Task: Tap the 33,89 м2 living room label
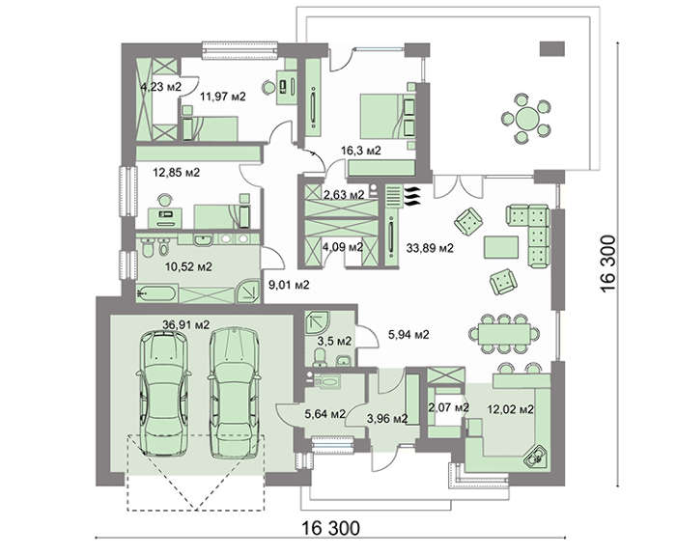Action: pyautogui.click(x=430, y=248)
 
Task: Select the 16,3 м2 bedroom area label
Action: pyautogui.click(x=361, y=151)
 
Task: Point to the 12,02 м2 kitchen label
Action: pyautogui.click(x=511, y=409)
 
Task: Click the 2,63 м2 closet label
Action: pyautogui.click(x=344, y=195)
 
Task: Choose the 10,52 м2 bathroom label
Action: pyautogui.click(x=188, y=266)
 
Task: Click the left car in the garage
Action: pyautogui.click(x=163, y=393)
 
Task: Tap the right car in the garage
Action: pyautogui.click(x=234, y=392)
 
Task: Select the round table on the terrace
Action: pyautogui.click(x=527, y=117)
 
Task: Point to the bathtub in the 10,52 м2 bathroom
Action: pyautogui.click(x=156, y=293)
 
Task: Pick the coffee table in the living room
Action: pyautogui.click(x=501, y=247)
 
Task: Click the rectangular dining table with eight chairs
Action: pyautogui.click(x=504, y=334)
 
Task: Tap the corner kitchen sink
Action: pyautogui.click(x=536, y=456)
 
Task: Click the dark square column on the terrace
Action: pyautogui.click(x=552, y=48)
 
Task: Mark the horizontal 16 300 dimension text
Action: pyautogui.click(x=330, y=527)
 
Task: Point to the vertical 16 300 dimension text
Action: pyautogui.click(x=607, y=264)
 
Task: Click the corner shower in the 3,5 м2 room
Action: pyautogui.click(x=318, y=322)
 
